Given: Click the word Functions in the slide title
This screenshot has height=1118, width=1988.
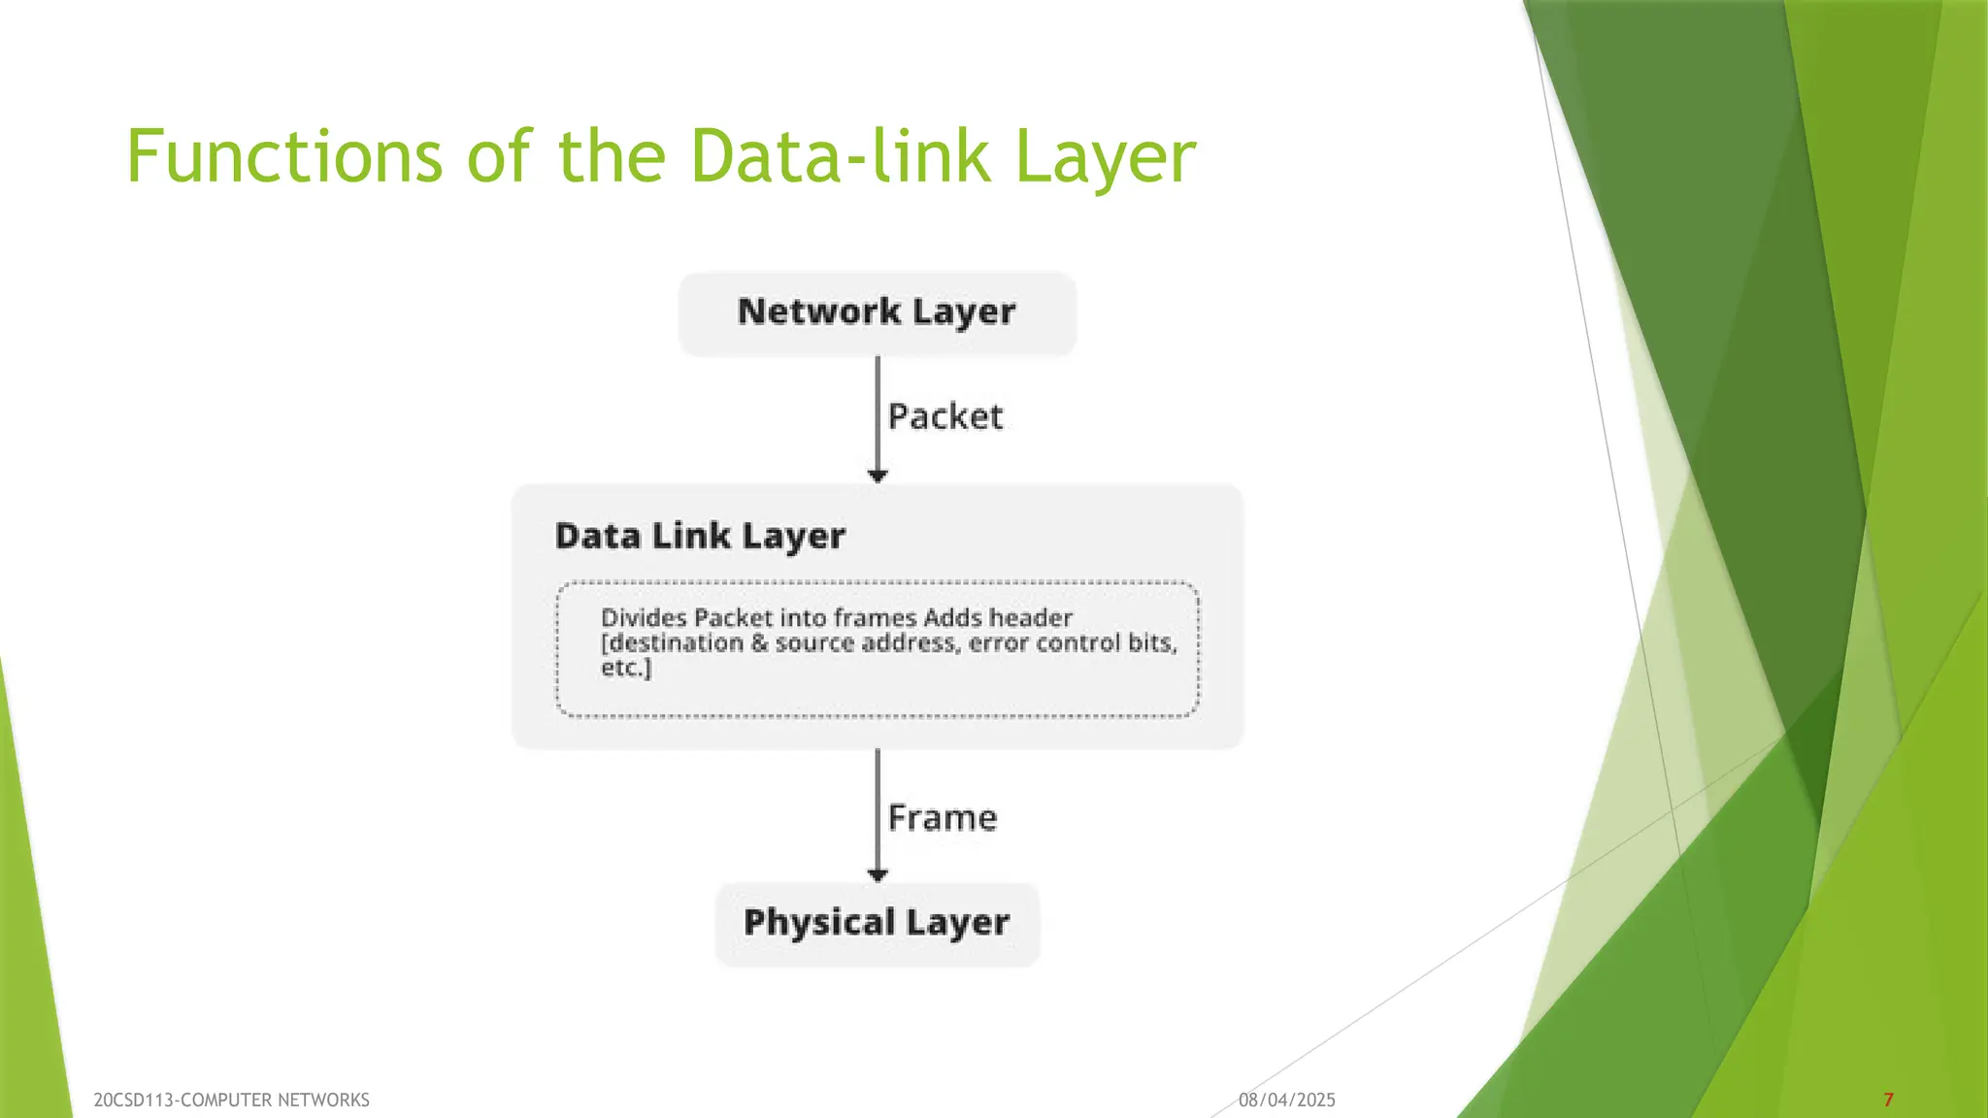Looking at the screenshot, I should tap(284, 156).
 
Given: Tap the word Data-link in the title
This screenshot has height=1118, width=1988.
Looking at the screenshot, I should tap(841, 156).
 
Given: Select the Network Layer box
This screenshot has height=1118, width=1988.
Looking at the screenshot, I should tap(877, 312).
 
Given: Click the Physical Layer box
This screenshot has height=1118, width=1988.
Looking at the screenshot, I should tap(877, 923).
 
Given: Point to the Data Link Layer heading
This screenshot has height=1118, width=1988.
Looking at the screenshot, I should tap(700, 536).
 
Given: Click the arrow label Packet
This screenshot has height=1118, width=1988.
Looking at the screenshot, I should tap(945, 416).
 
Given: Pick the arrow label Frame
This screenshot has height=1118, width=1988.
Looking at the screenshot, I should tap(943, 818).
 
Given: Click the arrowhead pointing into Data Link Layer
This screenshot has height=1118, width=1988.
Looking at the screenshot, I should tap(878, 476).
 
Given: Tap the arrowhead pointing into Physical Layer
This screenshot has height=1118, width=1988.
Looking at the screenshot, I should tap(878, 875).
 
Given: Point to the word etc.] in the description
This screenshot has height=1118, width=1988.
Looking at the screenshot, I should tap(626, 668).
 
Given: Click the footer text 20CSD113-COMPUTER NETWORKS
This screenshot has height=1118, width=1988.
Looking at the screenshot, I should tap(231, 1100).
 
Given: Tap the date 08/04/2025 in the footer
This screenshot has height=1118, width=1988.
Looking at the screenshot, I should tap(1286, 1100).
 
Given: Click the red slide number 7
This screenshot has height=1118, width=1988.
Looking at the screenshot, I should tap(1888, 1100).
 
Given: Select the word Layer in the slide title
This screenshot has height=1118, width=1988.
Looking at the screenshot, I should tap(1105, 156).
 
